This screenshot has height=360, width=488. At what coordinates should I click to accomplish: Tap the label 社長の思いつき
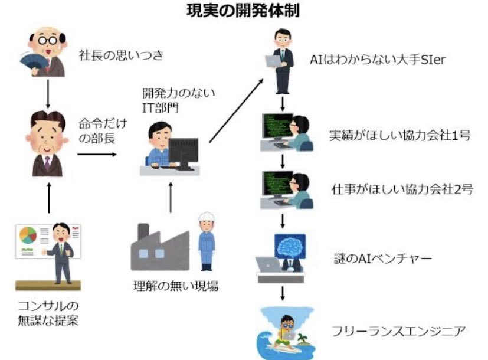pyautogui.click(x=121, y=57)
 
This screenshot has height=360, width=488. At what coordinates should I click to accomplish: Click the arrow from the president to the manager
pyautogui.click(x=47, y=91)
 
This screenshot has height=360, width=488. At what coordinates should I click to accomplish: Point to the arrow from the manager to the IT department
pyautogui.click(x=97, y=155)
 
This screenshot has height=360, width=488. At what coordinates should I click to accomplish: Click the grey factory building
pyautogui.click(x=158, y=251)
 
